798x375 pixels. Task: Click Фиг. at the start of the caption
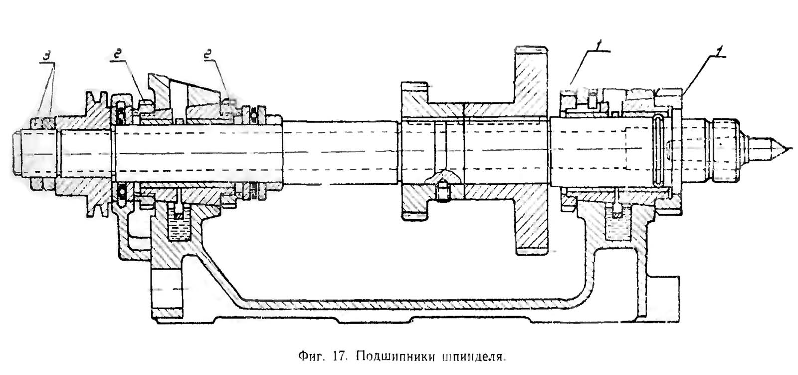(x=309, y=357)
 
